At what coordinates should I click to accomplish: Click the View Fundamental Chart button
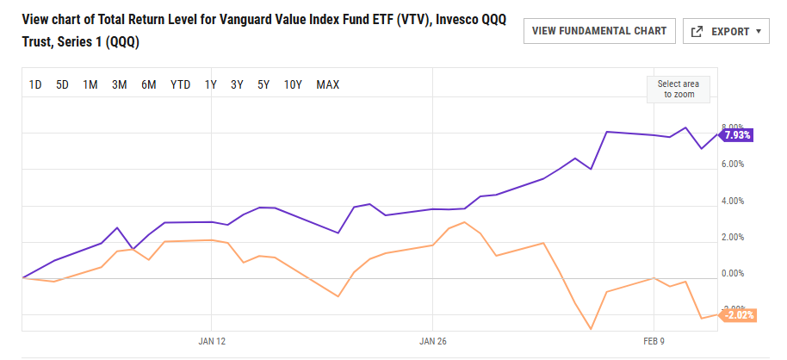pos(599,31)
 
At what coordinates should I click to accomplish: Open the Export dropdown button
pos(726,31)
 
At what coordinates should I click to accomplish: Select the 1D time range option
pos(35,84)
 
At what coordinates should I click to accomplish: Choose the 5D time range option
pos(62,84)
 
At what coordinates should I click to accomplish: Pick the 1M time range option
pos(90,84)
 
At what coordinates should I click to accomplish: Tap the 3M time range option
pos(120,84)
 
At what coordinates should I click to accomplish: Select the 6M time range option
pos(149,84)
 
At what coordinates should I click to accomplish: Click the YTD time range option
pos(180,84)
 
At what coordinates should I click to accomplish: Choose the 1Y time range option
pos(210,84)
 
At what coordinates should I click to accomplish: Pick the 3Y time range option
pos(237,84)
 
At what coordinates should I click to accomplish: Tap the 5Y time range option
pos(263,84)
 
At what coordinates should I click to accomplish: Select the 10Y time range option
pos(293,84)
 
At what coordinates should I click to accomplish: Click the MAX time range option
pos(328,84)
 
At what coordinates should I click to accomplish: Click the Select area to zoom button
pos(679,89)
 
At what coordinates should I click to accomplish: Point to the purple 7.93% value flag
pos(737,135)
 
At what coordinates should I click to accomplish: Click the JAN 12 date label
pos(212,341)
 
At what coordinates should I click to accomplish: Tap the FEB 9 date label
pos(655,341)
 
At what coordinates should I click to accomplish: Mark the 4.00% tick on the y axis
pos(731,202)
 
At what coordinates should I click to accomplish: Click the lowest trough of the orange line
pos(591,329)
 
